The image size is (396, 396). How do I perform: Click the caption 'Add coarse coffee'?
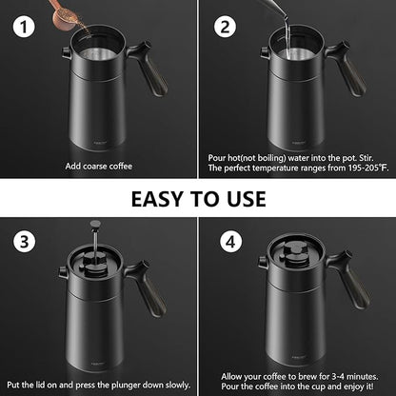click(98, 166)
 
